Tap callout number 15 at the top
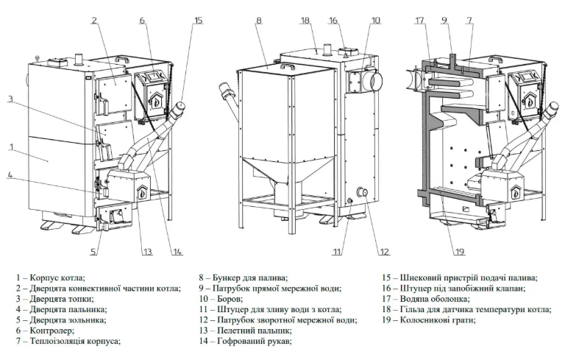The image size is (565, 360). point(198,21)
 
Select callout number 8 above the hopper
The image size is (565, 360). point(259,21)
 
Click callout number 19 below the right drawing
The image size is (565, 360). point(460,253)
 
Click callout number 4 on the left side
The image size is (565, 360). point(10,175)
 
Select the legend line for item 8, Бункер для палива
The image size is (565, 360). point(243,278)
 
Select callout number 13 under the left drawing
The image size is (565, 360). point(147,253)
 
